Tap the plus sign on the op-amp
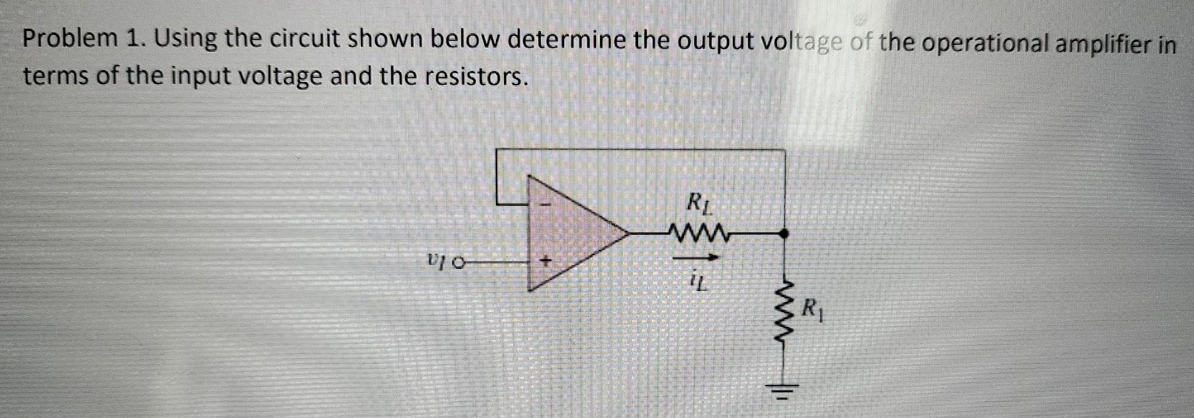coord(546,262)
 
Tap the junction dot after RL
coord(785,234)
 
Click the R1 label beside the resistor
coord(813,307)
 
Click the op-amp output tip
coord(627,234)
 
